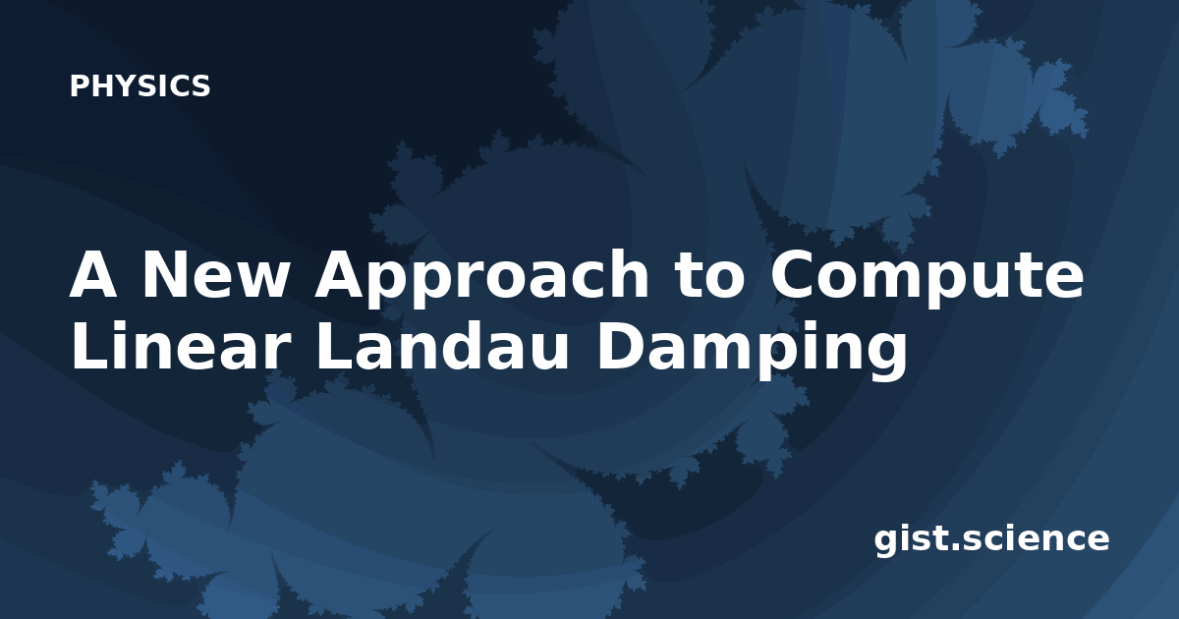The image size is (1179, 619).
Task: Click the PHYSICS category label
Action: (140, 85)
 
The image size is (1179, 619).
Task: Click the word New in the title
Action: (215, 274)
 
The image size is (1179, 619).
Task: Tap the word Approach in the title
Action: (481, 279)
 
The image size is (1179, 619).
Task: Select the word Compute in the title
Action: (926, 278)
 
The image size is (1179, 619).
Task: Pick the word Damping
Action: (753, 349)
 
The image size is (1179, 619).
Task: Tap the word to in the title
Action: (710, 276)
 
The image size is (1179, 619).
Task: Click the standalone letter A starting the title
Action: (93, 274)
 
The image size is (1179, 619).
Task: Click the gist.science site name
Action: (991, 540)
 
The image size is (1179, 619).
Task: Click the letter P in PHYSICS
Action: (79, 85)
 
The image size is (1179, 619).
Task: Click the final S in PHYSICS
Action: (200, 85)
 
